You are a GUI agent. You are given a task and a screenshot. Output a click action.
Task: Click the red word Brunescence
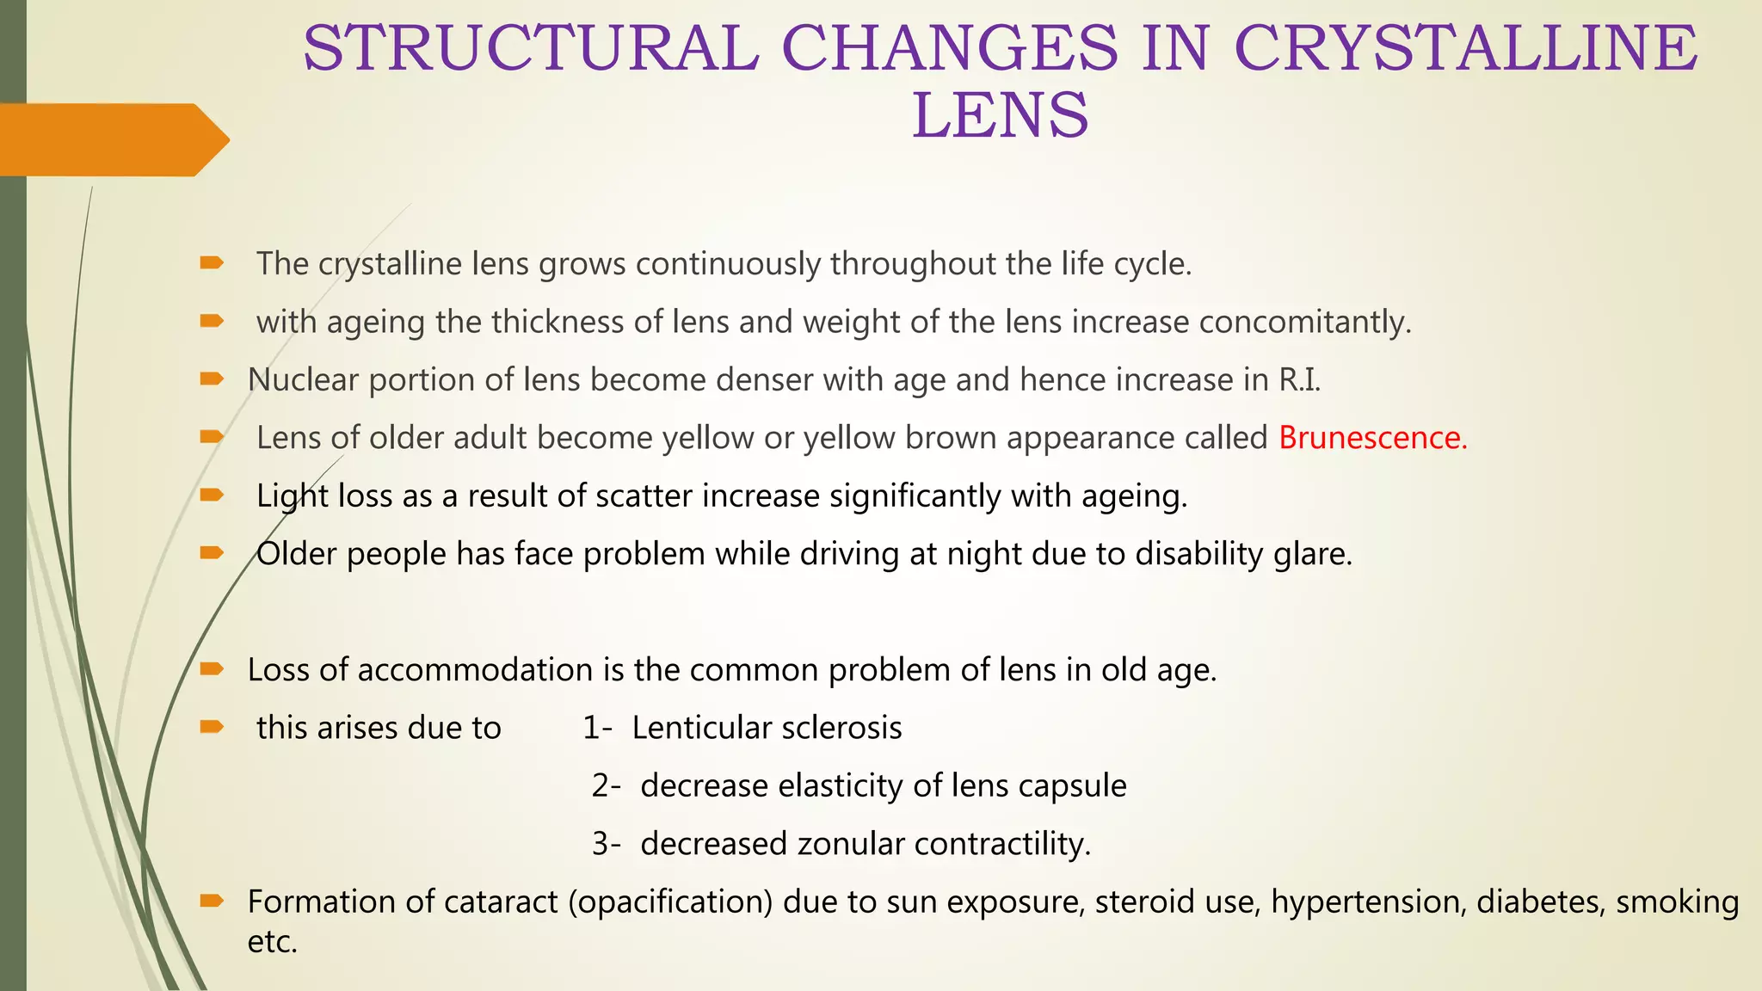[x=1372, y=438]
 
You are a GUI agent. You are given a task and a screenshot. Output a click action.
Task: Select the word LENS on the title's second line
[x=1000, y=115]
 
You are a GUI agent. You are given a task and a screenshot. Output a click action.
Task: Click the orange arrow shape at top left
[x=112, y=139]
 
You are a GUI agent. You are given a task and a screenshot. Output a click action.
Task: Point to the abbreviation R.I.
[x=1299, y=379]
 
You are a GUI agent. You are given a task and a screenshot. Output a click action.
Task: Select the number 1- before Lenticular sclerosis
[x=597, y=728]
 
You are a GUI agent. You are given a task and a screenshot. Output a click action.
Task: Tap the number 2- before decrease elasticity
[x=606, y=785]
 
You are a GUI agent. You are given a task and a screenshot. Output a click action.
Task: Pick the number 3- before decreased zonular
[x=606, y=844]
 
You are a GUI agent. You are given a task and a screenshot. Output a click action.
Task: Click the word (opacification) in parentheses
[x=670, y=902]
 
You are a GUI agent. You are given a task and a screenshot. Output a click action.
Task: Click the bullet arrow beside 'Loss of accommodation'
[x=212, y=669]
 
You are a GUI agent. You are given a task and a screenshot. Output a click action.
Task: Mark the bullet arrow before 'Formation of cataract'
[x=212, y=901]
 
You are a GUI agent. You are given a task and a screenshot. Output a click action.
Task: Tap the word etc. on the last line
[x=272, y=942]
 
